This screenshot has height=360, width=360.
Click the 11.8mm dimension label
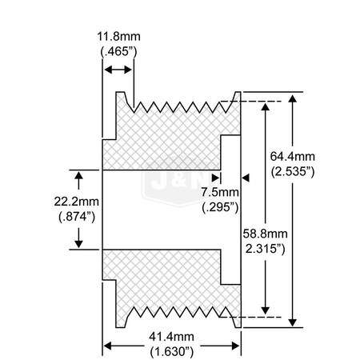click(x=118, y=37)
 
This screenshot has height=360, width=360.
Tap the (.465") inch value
click(x=118, y=51)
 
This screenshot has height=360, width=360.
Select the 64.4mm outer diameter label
click(x=293, y=156)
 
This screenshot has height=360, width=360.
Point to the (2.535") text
click(x=293, y=171)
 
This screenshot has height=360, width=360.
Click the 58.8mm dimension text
click(x=266, y=234)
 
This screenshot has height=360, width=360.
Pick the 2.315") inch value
click(x=266, y=249)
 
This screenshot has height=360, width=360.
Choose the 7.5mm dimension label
click(x=220, y=192)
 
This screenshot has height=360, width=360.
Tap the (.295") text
click(x=220, y=207)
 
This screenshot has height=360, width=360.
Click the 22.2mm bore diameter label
click(x=77, y=202)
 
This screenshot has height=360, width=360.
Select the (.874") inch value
click(x=77, y=217)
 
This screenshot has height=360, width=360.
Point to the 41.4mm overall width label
click(x=171, y=337)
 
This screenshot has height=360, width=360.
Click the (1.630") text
click(x=171, y=352)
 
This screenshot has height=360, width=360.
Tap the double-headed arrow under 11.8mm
click(x=118, y=70)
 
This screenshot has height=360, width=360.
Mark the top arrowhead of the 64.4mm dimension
click(x=293, y=98)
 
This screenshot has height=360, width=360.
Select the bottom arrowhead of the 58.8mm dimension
click(x=265, y=310)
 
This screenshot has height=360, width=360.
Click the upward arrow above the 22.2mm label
click(x=78, y=180)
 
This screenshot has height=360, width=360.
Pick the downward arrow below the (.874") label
click(x=78, y=238)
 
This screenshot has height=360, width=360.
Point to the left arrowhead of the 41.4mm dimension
click(x=107, y=346)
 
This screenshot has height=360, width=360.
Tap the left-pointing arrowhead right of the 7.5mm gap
click(x=246, y=178)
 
